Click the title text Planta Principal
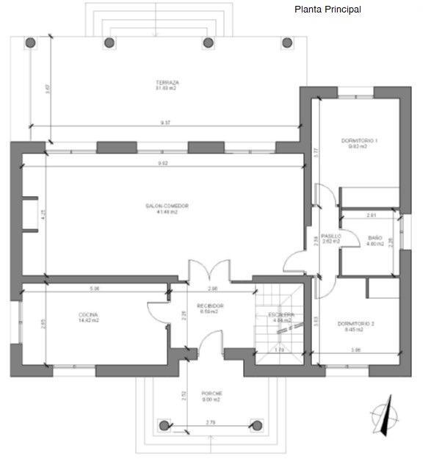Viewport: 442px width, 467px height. tap(327, 10)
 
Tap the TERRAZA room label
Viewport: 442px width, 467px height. tap(167, 82)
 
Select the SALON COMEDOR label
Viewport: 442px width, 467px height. tap(167, 206)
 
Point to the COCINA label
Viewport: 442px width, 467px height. tap(89, 315)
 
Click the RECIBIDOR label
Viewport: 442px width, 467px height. tap(210, 305)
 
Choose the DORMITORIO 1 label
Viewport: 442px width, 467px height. tap(359, 140)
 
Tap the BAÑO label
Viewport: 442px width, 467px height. tap(375, 238)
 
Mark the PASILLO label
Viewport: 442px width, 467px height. tap(331, 236)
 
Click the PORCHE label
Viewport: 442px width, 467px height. tap(211, 394)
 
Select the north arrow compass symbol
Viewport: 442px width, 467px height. tap(384, 416)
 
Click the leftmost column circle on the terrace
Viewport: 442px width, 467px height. tap(31, 43)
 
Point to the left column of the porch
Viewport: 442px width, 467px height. tap(163, 424)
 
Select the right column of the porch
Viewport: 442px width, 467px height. tap(256, 424)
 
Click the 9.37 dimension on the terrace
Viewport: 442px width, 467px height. tap(166, 123)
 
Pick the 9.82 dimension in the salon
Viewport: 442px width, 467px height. tap(163, 163)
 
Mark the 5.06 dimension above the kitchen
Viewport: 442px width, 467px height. tap(95, 289)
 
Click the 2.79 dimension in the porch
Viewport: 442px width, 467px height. tap(210, 422)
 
